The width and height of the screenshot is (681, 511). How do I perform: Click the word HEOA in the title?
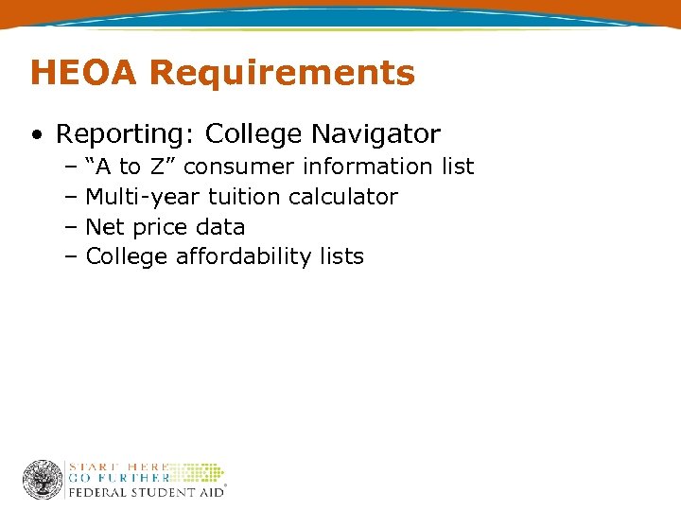click(x=84, y=72)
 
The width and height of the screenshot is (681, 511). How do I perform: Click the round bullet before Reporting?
click(x=35, y=135)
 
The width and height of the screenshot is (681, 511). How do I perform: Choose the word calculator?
click(x=343, y=197)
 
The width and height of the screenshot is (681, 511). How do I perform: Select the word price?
click(x=152, y=227)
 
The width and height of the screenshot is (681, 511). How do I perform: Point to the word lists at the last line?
click(x=340, y=256)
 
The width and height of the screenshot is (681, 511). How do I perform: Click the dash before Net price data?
click(x=72, y=227)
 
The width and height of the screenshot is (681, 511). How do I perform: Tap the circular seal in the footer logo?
click(x=43, y=480)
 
